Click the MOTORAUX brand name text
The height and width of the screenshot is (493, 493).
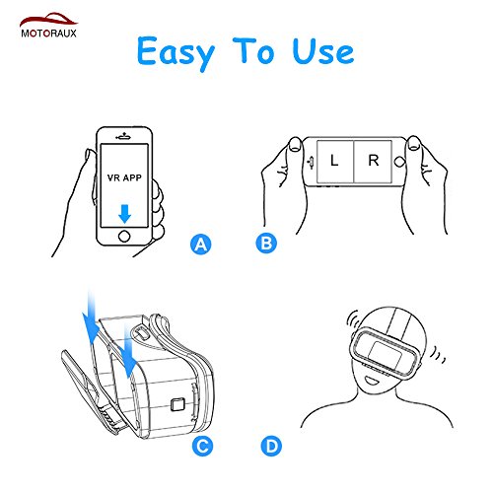pyautogui.click(x=48, y=34)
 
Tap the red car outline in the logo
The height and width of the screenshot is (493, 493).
pyautogui.click(x=48, y=20)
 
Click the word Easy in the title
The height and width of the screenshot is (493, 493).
pyautogui.click(x=176, y=52)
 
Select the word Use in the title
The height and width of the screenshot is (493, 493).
pyautogui.click(x=323, y=51)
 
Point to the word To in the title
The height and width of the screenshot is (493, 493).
pyautogui.click(x=253, y=50)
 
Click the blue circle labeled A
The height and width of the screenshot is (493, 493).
pyautogui.click(x=201, y=245)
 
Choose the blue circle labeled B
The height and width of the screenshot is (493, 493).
pyautogui.click(x=266, y=244)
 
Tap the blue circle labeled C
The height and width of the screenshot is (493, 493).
pyautogui.click(x=202, y=446)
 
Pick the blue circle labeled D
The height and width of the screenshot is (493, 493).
pyautogui.click(x=271, y=446)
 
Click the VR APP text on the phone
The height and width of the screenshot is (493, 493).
pyautogui.click(x=124, y=177)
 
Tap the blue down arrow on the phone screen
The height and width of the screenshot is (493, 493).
pyautogui.click(x=124, y=214)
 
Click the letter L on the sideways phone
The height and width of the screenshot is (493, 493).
pyautogui.click(x=334, y=161)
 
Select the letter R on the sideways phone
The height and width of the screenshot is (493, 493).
pyautogui.click(x=374, y=161)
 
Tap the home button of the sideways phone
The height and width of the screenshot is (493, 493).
pyautogui.click(x=399, y=162)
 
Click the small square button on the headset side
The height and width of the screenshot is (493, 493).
pyautogui.click(x=177, y=404)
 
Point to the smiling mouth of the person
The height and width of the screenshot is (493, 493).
pyautogui.click(x=373, y=381)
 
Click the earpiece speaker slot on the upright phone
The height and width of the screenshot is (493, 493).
pyautogui.click(x=124, y=137)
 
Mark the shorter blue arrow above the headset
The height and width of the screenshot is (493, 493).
pyautogui.click(x=129, y=349)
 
